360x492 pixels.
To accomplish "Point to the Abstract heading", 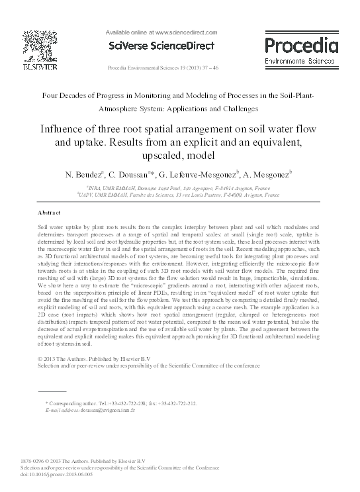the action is click(x=49, y=213).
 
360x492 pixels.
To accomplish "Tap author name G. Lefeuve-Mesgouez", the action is click(x=199, y=175).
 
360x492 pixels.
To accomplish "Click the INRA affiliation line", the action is click(x=180, y=189).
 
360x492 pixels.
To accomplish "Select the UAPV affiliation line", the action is click(x=180, y=196).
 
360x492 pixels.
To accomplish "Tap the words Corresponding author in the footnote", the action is click(x=73, y=403).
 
